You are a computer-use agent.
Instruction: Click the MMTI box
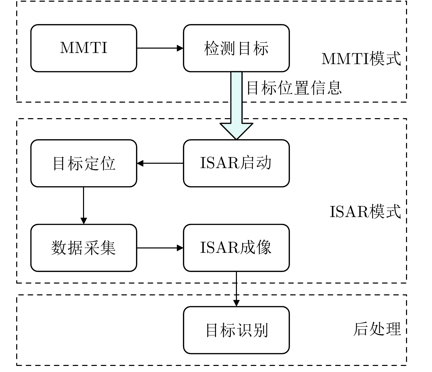84,48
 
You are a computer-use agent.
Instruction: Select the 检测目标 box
236,48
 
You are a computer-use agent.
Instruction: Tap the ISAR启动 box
236,163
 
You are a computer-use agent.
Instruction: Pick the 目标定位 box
84,163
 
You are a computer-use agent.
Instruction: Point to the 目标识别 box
236,330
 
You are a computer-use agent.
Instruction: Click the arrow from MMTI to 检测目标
159,48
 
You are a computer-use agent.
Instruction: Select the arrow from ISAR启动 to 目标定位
160,163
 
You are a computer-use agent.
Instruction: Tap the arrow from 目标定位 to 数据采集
83,204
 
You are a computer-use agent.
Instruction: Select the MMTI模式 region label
361,58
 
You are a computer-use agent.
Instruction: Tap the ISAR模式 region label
365,212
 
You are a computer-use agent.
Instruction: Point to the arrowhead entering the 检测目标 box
180,48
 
